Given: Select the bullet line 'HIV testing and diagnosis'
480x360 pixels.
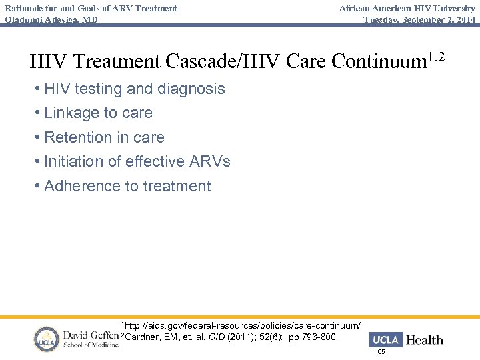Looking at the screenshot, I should [134, 89].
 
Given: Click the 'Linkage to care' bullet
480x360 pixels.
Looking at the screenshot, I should [98, 113].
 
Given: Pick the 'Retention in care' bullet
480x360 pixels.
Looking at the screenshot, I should [104, 137].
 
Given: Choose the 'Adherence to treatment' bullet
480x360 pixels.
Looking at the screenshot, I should [127, 186].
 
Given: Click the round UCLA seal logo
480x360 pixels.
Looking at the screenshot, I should [47, 339].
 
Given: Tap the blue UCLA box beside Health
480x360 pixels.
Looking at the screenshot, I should [385, 340].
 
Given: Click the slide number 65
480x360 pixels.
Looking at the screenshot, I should [381, 351].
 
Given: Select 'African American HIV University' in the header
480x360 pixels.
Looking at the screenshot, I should [407, 8].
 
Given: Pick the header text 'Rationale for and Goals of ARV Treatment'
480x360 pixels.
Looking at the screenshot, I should [91, 8].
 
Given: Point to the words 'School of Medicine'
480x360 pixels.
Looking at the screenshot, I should [90, 345].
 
